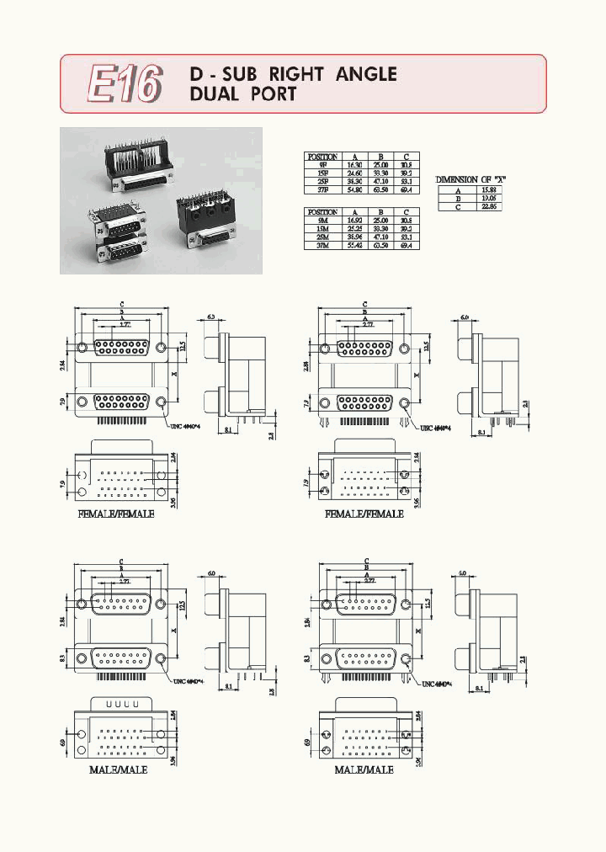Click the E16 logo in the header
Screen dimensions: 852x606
tap(125, 83)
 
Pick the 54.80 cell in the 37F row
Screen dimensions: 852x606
tap(355, 189)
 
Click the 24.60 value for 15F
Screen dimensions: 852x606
tap(355, 173)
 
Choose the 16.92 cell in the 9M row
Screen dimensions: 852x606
tap(355, 221)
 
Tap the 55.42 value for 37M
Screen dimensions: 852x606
tap(355, 246)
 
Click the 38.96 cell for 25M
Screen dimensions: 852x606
tap(355, 237)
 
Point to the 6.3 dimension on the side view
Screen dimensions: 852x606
tap(211, 317)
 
